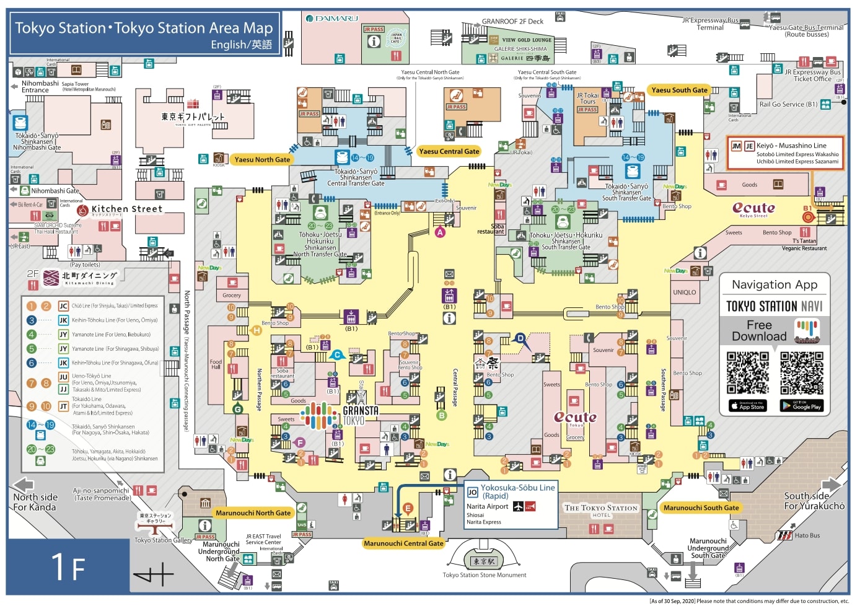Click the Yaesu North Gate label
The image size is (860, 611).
(x=262, y=159)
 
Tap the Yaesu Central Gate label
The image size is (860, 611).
(x=449, y=151)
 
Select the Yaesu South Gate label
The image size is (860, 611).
(x=679, y=90)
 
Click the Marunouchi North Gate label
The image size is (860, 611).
(x=253, y=513)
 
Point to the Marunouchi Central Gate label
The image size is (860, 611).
(x=403, y=543)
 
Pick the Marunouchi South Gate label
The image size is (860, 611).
(x=701, y=508)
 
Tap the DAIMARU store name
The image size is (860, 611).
(x=336, y=19)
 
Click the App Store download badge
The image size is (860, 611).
(x=748, y=406)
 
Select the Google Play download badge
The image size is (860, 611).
(x=801, y=406)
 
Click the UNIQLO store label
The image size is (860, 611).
(x=684, y=292)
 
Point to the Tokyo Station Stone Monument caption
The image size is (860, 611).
(x=484, y=575)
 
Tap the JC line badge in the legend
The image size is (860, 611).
(x=63, y=305)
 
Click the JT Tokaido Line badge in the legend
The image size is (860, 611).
(x=63, y=407)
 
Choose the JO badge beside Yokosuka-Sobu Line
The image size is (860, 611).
(x=472, y=493)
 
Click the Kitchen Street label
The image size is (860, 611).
(x=126, y=209)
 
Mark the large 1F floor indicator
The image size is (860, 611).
(x=68, y=567)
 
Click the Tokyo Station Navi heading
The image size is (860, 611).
(x=774, y=306)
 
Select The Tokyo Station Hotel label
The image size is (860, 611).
(x=600, y=510)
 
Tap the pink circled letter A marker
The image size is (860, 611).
(x=440, y=232)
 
